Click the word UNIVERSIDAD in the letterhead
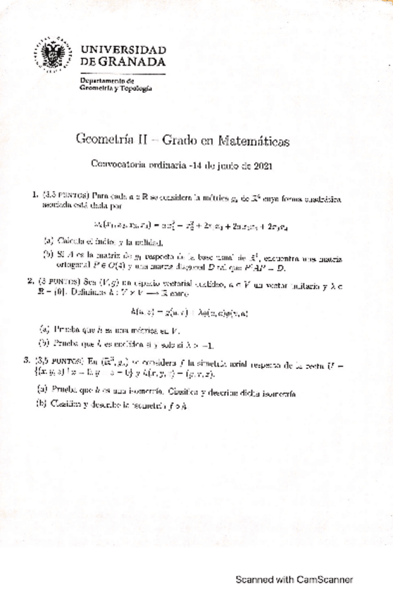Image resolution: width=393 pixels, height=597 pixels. click(x=123, y=50)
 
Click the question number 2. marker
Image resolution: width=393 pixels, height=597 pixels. click(x=31, y=280)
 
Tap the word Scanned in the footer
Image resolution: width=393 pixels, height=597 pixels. click(x=255, y=580)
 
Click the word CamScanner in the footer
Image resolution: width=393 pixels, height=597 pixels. click(x=321, y=580)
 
